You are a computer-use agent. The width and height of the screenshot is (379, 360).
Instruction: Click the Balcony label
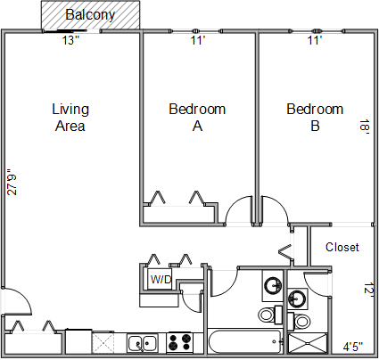click(90, 15)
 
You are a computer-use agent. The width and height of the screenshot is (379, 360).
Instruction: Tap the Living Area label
click(70, 118)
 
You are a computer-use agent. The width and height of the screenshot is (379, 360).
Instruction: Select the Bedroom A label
click(197, 118)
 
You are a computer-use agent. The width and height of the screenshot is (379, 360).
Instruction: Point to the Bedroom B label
click(315, 118)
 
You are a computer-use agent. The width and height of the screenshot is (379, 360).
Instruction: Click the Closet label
click(342, 247)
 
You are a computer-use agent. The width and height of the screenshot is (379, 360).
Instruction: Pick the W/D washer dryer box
click(161, 279)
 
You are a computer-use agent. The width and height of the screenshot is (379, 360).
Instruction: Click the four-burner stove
click(179, 342)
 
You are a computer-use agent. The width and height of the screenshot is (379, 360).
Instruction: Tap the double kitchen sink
click(143, 343)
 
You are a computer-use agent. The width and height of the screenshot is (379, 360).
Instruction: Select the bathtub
click(245, 341)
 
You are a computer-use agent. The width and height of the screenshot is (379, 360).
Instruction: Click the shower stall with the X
click(308, 344)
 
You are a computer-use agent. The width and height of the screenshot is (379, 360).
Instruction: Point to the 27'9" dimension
click(12, 182)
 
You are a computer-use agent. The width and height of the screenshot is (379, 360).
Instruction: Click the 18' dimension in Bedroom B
click(365, 127)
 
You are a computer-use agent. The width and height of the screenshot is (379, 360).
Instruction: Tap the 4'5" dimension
click(353, 347)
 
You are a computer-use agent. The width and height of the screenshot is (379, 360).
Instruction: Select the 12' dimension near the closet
click(368, 289)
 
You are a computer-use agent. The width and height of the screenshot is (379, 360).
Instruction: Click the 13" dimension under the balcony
click(70, 40)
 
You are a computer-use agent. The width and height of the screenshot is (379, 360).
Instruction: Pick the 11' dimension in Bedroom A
click(198, 40)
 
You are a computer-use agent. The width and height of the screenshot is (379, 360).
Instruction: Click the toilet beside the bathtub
click(270, 315)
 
